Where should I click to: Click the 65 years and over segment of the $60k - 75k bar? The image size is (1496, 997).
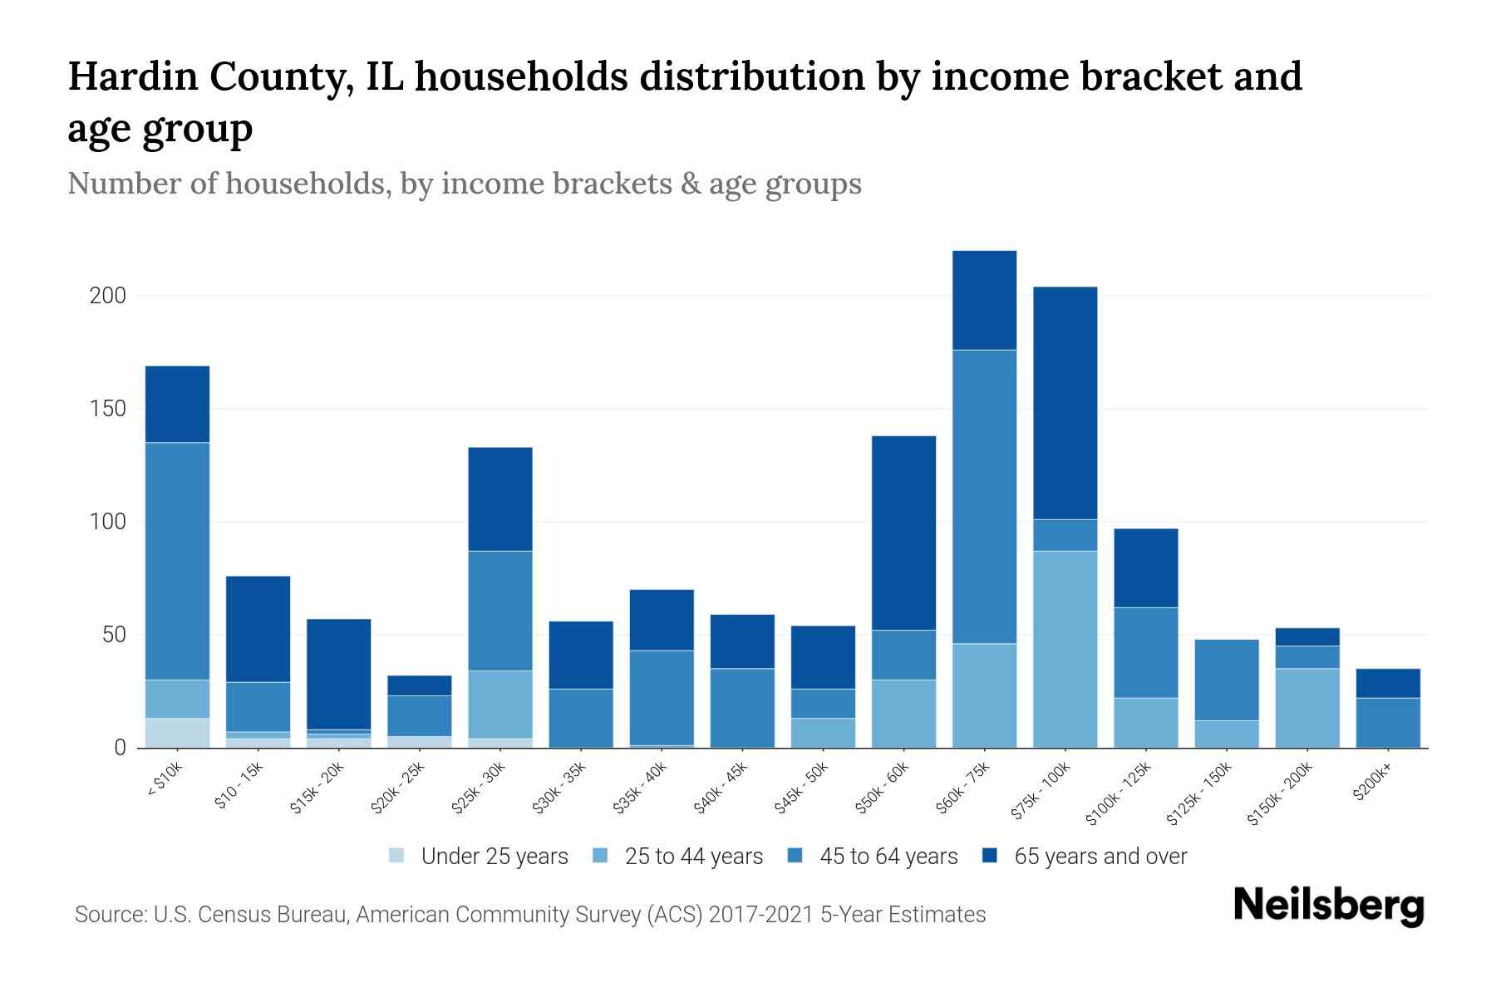coord(984,300)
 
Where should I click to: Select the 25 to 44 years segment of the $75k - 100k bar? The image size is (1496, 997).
coord(1065,649)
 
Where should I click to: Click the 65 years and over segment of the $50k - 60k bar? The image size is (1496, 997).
coord(903,533)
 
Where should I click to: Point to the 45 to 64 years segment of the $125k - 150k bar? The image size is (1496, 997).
coord(1226,680)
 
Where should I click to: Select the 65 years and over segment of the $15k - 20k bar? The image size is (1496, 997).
coord(338,674)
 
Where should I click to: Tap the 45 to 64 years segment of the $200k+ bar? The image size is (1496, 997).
coord(1387,723)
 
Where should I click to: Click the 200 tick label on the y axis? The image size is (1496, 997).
coord(107,296)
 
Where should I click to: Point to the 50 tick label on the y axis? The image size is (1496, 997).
coord(113,636)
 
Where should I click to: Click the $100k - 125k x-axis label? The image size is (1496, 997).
coord(1119,794)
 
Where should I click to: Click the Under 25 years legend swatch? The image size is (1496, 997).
coord(397,856)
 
